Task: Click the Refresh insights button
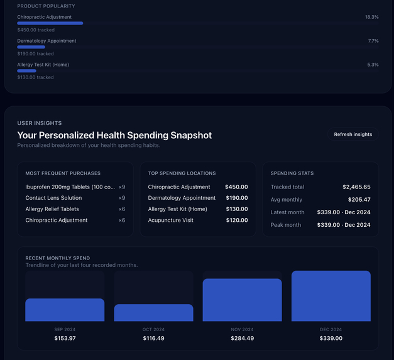(x=353, y=134)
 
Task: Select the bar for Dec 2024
(x=331, y=297)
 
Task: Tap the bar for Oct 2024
(x=154, y=313)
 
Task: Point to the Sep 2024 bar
(x=65, y=310)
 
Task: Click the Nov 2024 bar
(x=242, y=300)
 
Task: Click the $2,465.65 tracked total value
(x=356, y=187)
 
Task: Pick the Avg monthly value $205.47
(x=358, y=200)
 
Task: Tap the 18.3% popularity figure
(x=371, y=17)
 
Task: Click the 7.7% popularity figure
(x=373, y=41)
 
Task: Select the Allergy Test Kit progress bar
(x=26, y=71)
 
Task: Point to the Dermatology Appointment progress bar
(x=31, y=47)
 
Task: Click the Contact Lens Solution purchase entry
(x=53, y=198)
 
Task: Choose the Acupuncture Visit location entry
(x=171, y=221)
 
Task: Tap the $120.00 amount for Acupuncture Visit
(x=236, y=221)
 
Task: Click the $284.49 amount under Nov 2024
(x=242, y=339)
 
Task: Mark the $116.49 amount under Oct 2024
(x=153, y=339)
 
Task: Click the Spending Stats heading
(x=292, y=173)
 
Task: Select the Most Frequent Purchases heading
(x=63, y=173)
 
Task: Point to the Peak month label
(x=286, y=225)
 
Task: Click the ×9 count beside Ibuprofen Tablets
(x=122, y=187)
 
